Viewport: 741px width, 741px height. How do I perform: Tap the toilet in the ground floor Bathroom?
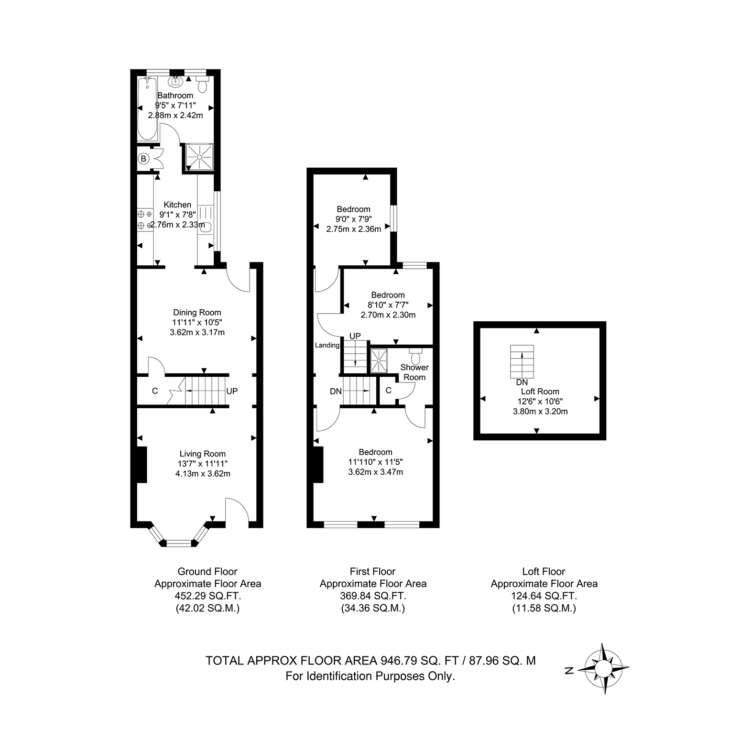[203, 84]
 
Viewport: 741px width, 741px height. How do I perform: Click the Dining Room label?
[197, 313]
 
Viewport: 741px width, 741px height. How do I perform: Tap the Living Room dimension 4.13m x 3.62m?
[203, 474]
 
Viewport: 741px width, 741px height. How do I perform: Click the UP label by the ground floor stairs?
[232, 391]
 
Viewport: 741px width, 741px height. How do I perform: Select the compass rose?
[604, 669]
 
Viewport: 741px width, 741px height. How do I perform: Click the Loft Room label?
[540, 392]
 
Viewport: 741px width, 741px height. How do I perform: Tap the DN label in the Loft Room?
[522, 382]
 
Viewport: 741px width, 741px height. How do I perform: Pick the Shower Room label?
[414, 372]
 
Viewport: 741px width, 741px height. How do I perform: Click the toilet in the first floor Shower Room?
[415, 356]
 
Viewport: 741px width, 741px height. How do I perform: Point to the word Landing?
[327, 345]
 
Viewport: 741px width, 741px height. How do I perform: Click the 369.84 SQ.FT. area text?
[373, 596]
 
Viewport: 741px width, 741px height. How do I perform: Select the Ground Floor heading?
[207, 571]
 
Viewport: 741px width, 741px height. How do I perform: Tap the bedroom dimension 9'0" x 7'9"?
[354, 219]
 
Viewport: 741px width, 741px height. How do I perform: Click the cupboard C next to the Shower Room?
[388, 391]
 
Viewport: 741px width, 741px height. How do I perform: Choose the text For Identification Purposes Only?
[370, 676]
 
